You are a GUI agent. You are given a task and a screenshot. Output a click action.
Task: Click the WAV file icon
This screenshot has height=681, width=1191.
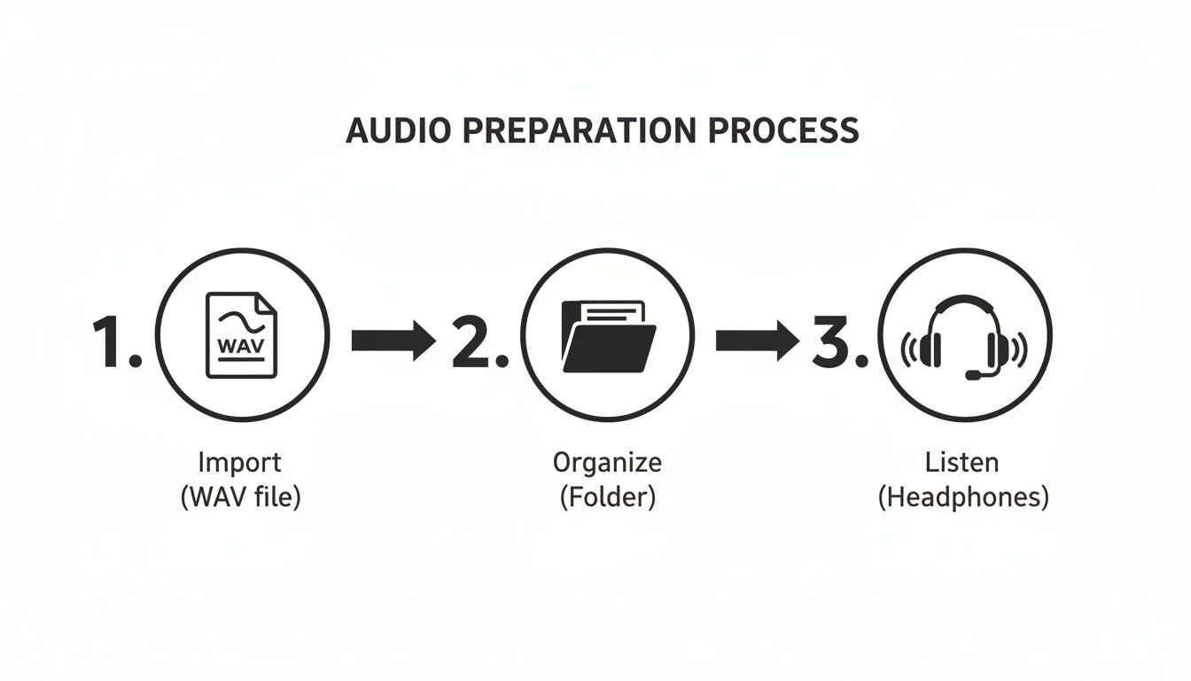coord(241,336)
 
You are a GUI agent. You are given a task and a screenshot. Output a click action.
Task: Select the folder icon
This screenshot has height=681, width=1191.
coord(608,336)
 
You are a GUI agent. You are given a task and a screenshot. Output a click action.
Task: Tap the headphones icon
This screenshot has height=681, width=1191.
coord(963,336)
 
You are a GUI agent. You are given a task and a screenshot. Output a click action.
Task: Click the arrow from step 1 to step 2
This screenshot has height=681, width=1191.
coord(393,340)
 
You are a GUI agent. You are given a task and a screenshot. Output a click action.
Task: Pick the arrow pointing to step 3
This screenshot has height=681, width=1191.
coord(756,340)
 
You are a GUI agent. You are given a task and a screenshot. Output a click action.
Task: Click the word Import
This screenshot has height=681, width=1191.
coord(239,462)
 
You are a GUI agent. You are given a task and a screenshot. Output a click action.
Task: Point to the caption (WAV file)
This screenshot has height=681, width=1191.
coord(241,497)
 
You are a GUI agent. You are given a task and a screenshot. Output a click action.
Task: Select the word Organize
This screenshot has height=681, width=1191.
coord(607,462)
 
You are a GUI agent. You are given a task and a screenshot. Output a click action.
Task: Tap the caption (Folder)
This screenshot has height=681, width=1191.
coord(607,497)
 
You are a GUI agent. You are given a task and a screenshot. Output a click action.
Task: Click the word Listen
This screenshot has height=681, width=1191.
coord(961,462)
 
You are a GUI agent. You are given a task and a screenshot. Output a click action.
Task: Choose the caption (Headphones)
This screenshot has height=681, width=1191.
coord(963,497)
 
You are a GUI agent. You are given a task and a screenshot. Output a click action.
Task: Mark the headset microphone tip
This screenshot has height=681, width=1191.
coord(972,375)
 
